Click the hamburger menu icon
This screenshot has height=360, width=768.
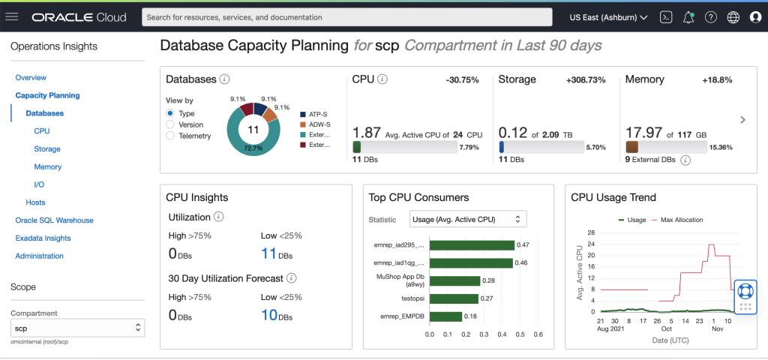(x=12, y=16)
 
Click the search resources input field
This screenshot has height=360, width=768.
(x=346, y=16)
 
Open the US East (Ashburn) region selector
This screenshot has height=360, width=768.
(x=608, y=16)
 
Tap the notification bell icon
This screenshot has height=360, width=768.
(x=688, y=16)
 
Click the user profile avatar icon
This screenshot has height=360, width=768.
(x=755, y=16)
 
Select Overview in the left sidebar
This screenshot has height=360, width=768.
(x=31, y=77)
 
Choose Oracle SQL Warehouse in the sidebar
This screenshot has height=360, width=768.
(x=54, y=220)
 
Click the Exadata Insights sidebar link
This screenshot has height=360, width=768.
(x=43, y=238)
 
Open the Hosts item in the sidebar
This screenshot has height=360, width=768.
(x=35, y=202)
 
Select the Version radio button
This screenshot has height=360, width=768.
(x=170, y=124)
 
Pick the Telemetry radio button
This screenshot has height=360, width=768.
(x=170, y=136)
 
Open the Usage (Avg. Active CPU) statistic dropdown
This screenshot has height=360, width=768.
(x=468, y=219)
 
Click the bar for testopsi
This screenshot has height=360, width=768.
(x=453, y=298)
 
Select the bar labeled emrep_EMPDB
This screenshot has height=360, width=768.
(x=445, y=316)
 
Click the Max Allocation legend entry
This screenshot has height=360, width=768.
(x=681, y=220)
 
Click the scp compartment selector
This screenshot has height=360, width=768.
(x=77, y=328)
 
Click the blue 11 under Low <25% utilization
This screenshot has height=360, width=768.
(x=268, y=253)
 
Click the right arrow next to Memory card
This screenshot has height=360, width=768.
(x=742, y=119)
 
